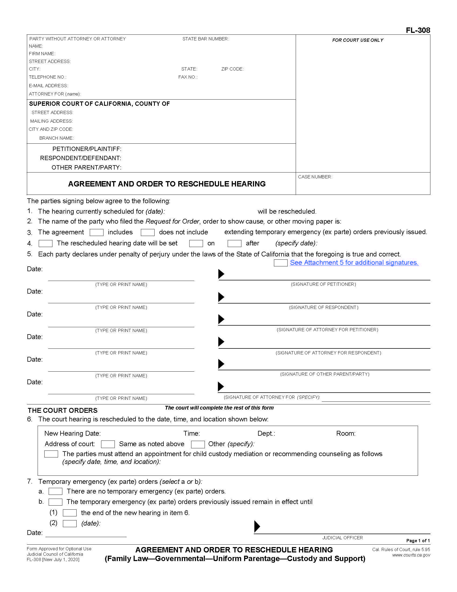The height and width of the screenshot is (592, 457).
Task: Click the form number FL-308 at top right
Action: pos(418,30)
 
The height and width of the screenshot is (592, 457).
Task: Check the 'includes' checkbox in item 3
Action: pos(97,232)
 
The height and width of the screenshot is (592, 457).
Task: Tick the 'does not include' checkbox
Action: pos(148,232)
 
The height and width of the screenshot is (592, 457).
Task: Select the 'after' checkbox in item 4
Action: pos(234,244)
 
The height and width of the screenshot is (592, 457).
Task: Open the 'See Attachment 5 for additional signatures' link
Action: pos(354,262)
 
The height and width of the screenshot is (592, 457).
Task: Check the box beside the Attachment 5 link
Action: pos(280,263)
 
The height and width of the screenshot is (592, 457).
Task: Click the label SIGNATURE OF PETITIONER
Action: pos(323,284)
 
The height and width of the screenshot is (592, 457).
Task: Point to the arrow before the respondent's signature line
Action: pos(221,297)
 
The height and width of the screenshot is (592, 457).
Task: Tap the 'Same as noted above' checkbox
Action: pos(108,444)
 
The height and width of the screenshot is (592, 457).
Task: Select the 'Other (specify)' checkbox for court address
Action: pos(198,444)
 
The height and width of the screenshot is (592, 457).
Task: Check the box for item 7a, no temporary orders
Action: pos(55,491)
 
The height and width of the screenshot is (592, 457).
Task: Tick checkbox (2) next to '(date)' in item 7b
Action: pos(70,523)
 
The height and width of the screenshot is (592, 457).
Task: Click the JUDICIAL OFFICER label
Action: pos(342,538)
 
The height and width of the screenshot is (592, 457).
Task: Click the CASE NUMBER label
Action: pos(315,177)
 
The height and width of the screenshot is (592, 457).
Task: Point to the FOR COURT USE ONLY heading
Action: pos(358,40)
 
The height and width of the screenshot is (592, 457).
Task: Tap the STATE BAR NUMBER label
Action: pos(205,39)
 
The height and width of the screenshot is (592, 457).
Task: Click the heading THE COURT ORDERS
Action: pos(63,410)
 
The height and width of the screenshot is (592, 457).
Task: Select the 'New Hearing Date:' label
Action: pos(72,434)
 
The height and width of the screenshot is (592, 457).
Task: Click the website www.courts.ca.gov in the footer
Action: pos(411,555)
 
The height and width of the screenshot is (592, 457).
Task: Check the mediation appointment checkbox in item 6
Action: pos(51,454)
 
